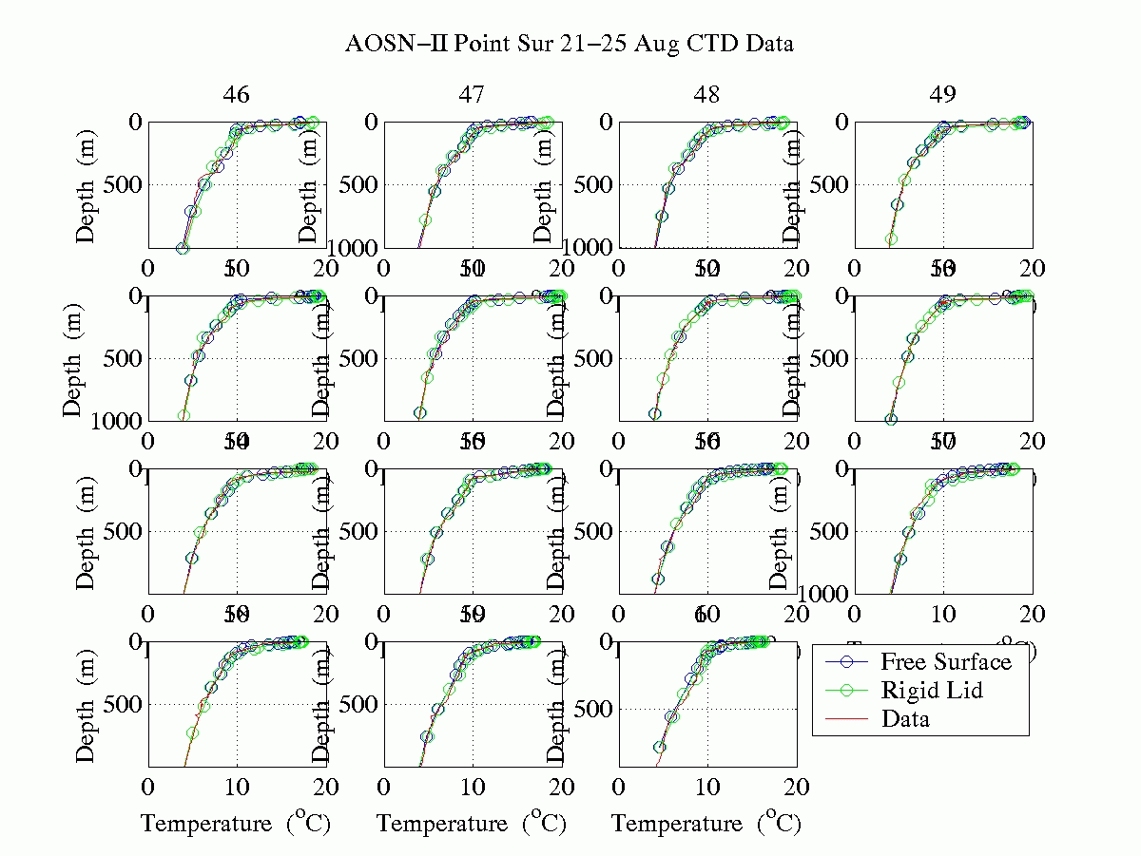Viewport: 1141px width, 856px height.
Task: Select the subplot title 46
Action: click(237, 95)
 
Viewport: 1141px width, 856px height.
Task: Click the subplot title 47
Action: click(473, 95)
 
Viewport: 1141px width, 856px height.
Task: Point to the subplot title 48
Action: click(707, 95)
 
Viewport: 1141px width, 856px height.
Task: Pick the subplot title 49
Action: click(943, 95)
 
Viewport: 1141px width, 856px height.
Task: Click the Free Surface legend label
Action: click(946, 661)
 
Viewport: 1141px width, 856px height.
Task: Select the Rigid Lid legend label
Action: click(932, 690)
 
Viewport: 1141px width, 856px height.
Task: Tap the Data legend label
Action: click(905, 718)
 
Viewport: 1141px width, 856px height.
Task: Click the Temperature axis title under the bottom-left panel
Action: click(236, 823)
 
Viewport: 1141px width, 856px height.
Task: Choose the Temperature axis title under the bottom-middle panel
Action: click(472, 823)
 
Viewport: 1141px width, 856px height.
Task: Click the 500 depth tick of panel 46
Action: click(119, 184)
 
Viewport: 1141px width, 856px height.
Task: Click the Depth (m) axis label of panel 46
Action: click(87, 185)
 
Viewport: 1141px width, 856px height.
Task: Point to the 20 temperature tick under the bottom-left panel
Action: click(326, 788)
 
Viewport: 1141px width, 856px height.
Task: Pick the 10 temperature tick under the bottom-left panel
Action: click(237, 788)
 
